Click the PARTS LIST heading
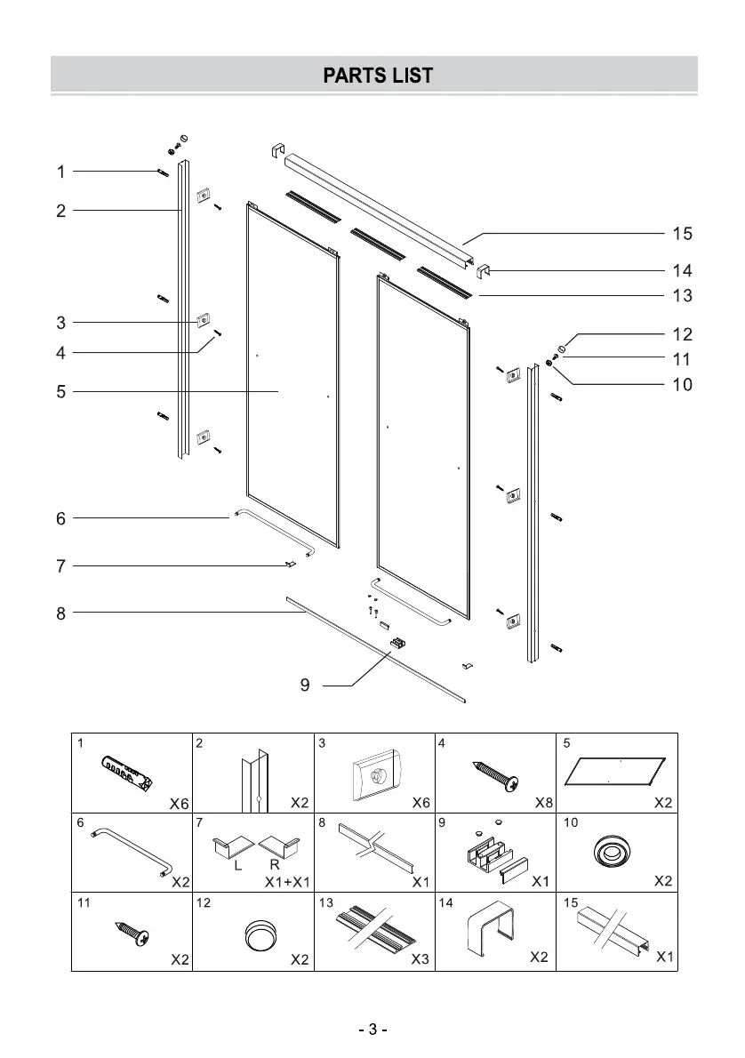[x=378, y=76]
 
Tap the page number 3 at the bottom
[x=372, y=1030]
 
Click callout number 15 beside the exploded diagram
[x=682, y=234]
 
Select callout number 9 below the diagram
[x=305, y=685]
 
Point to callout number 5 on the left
[x=60, y=391]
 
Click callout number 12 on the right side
[x=682, y=334]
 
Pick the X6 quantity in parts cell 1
[x=180, y=803]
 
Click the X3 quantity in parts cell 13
[x=421, y=959]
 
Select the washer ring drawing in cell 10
[x=613, y=853]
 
